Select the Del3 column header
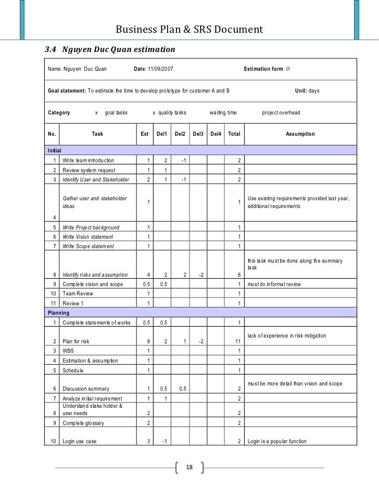pyautogui.click(x=198, y=134)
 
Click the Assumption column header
pyautogui.click(x=300, y=134)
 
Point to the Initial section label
pyautogui.click(x=55, y=150)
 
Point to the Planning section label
pyautogui.click(x=58, y=314)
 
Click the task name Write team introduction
pyautogui.click(x=88, y=160)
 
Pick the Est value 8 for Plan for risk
pyautogui.click(x=149, y=341)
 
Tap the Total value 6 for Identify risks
pyautogui.click(x=238, y=275)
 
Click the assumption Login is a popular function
pyautogui.click(x=277, y=442)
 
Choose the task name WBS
pyautogui.click(x=69, y=351)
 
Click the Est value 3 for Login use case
pyautogui.click(x=149, y=442)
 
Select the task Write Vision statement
pyautogui.click(x=87, y=237)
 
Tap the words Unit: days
pyautogui.click(x=307, y=91)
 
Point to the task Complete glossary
pyautogui.click(x=83, y=423)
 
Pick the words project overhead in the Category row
pyautogui.click(x=281, y=112)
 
